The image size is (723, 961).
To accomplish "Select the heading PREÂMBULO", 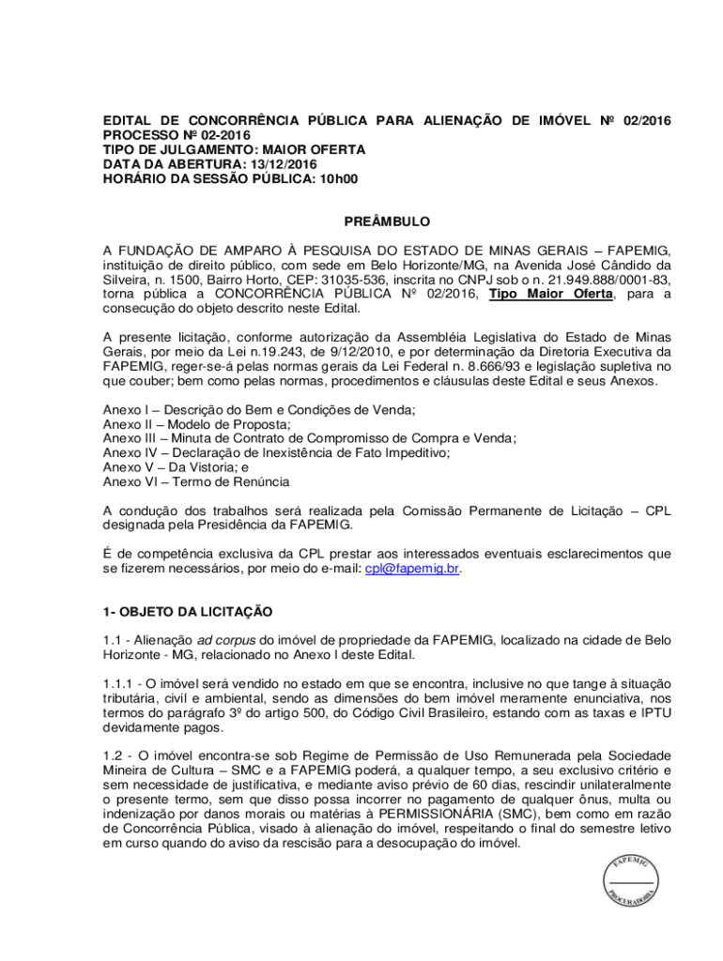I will pos(387,221).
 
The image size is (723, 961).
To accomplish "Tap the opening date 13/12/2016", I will pos(283,163).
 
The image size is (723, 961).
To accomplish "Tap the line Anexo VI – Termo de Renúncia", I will pos(196,480).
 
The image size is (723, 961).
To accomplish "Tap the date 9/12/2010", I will pos(324,353).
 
